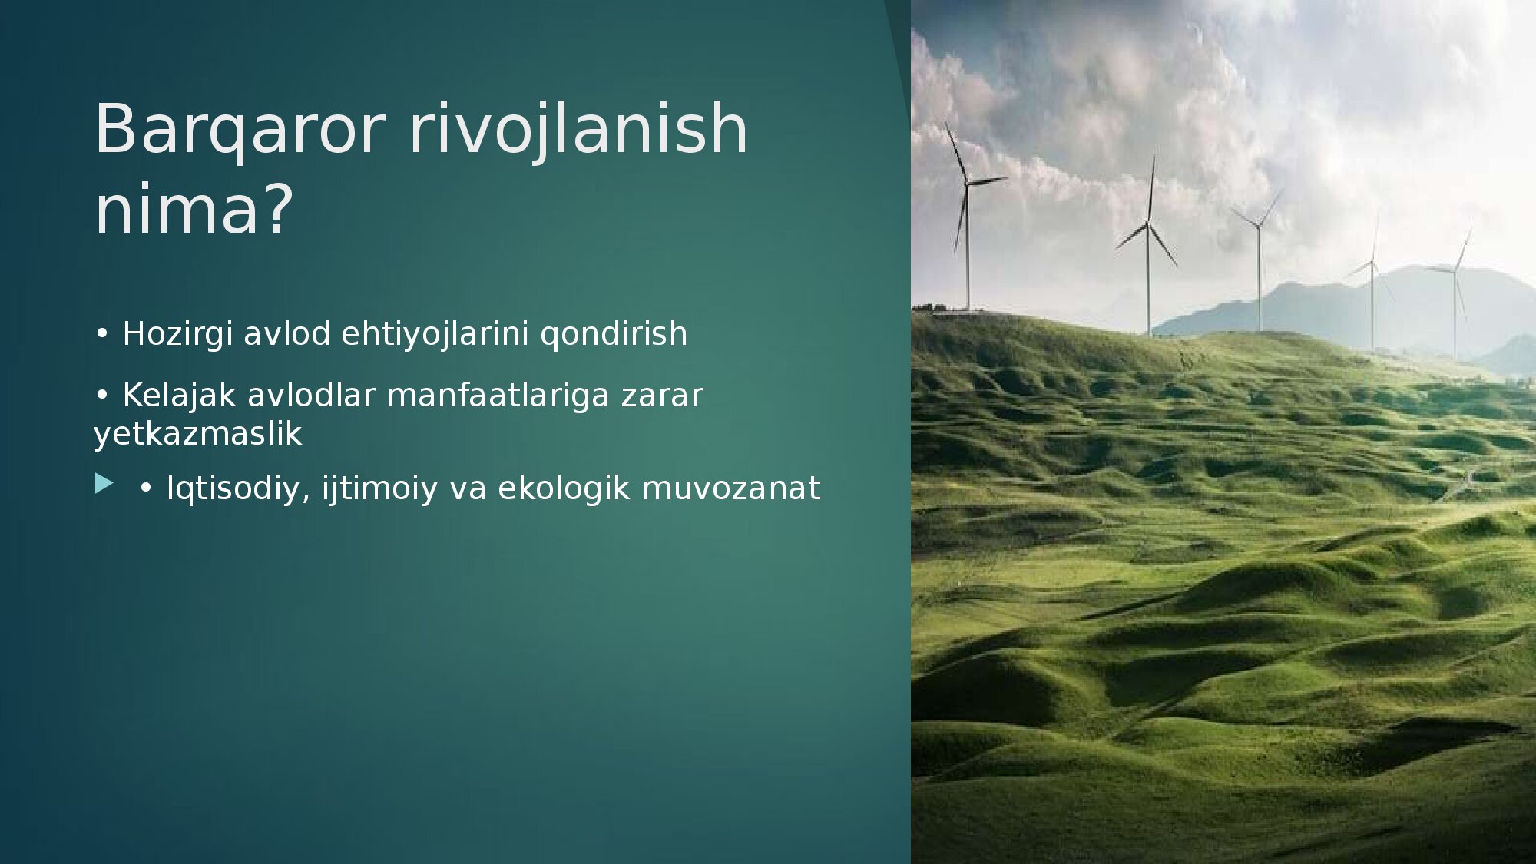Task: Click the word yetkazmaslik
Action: (198, 435)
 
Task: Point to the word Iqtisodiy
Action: (238, 489)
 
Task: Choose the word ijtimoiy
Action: (379, 489)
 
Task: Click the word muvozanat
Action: (731, 489)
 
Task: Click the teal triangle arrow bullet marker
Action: (104, 484)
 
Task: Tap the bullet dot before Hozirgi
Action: (101, 334)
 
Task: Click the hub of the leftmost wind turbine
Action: (967, 184)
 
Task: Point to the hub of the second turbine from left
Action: (1148, 223)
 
